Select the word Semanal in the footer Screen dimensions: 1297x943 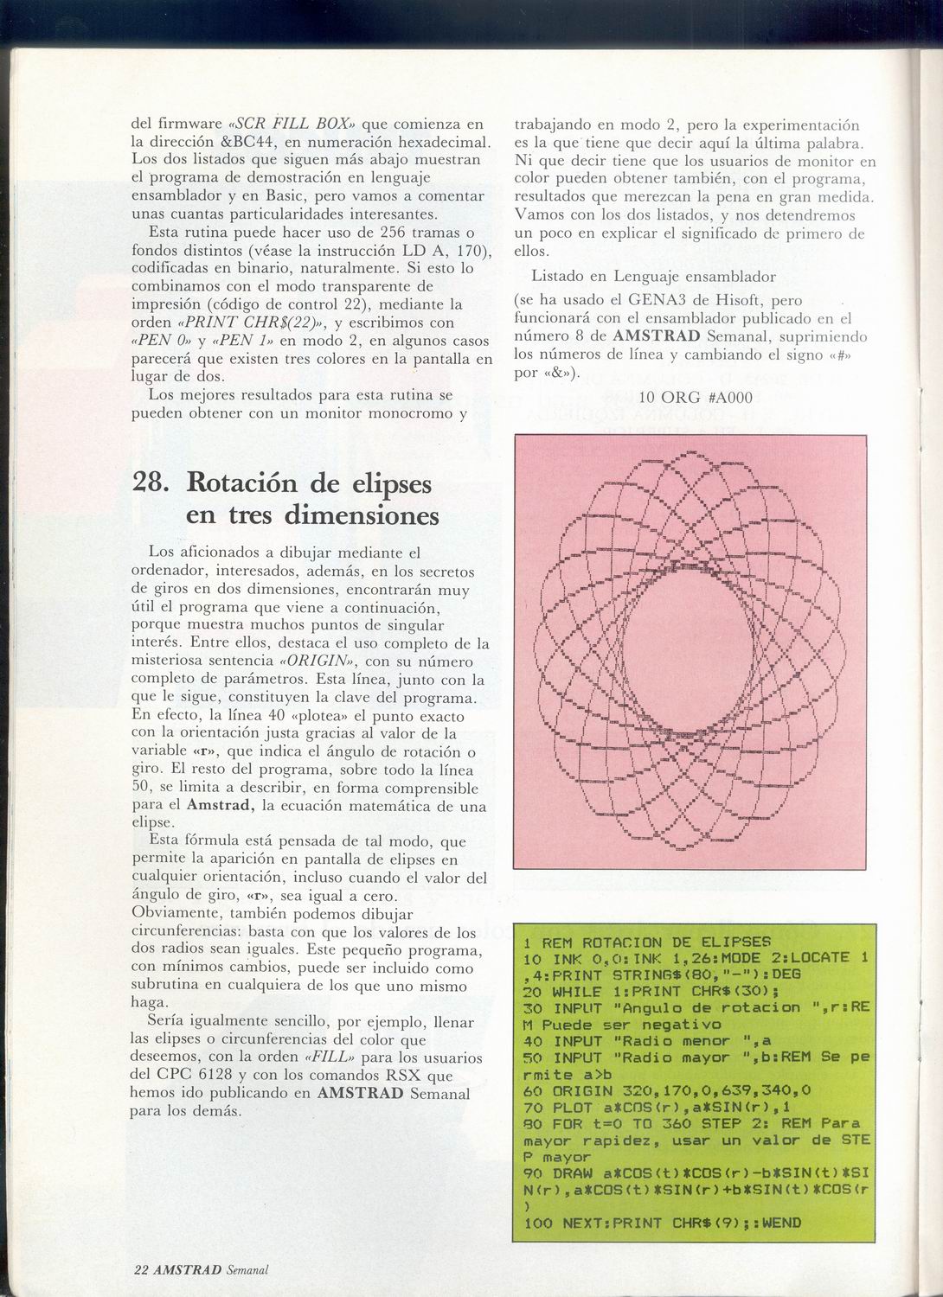pyautogui.click(x=247, y=1269)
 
